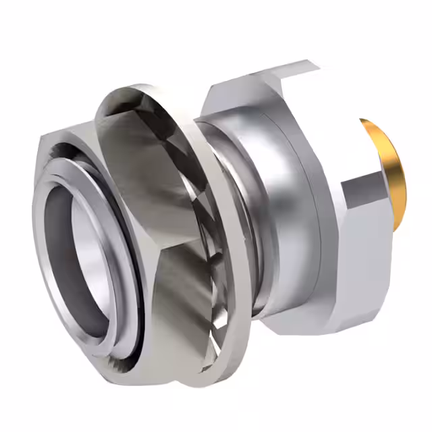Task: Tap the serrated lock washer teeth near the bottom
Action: [216, 337]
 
